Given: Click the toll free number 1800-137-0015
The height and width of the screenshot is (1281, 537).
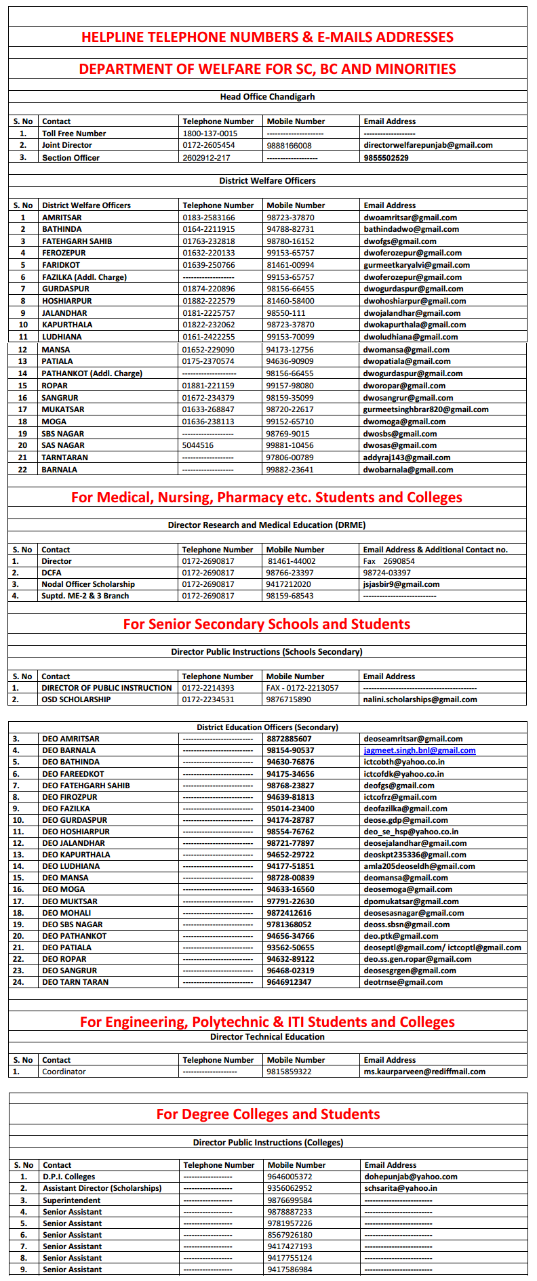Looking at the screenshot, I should pyautogui.click(x=210, y=134).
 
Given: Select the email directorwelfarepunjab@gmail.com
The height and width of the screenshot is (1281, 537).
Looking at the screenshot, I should pyautogui.click(x=428, y=145).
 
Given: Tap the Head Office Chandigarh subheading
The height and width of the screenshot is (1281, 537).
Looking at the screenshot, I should pyautogui.click(x=267, y=97).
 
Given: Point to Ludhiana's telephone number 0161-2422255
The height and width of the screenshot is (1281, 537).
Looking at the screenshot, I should pyautogui.click(x=209, y=337).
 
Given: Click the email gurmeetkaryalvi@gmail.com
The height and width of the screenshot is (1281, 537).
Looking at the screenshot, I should pyautogui.click(x=416, y=265).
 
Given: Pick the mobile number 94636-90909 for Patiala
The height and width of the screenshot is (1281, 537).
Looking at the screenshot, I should pyautogui.click(x=290, y=361).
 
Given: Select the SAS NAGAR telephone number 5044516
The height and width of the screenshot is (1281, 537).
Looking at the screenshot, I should pyautogui.click(x=198, y=445).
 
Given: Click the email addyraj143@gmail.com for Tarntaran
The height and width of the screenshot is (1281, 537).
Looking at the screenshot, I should pyautogui.click(x=407, y=457).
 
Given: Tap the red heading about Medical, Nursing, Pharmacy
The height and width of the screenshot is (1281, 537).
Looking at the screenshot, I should pyautogui.click(x=266, y=497).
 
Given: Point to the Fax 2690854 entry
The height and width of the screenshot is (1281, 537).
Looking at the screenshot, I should pyautogui.click(x=389, y=561).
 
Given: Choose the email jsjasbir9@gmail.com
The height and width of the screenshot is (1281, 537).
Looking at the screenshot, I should pyautogui.click(x=401, y=584).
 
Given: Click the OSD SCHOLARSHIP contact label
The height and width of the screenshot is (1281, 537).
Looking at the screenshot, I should pyautogui.click(x=76, y=699).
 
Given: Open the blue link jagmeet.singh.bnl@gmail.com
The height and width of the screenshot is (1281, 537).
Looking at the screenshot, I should pyautogui.click(x=419, y=750).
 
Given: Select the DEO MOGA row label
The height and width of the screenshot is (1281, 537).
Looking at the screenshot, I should pyautogui.click(x=64, y=889).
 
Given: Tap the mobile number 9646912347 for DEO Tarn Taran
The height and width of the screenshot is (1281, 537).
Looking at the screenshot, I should pyautogui.click(x=289, y=982).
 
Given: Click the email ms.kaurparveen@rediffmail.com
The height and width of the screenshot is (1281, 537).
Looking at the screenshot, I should pyautogui.click(x=424, y=1072).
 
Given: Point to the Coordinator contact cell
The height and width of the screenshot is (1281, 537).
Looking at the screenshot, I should pyautogui.click(x=64, y=1072).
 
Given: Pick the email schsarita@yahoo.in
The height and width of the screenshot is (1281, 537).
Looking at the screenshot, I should pyautogui.click(x=400, y=1188).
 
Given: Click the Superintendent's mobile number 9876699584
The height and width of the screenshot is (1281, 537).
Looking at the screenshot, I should pyautogui.click(x=290, y=1200).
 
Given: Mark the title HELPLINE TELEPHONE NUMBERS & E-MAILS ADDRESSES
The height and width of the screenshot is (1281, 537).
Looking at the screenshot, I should pyautogui.click(x=267, y=37).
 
